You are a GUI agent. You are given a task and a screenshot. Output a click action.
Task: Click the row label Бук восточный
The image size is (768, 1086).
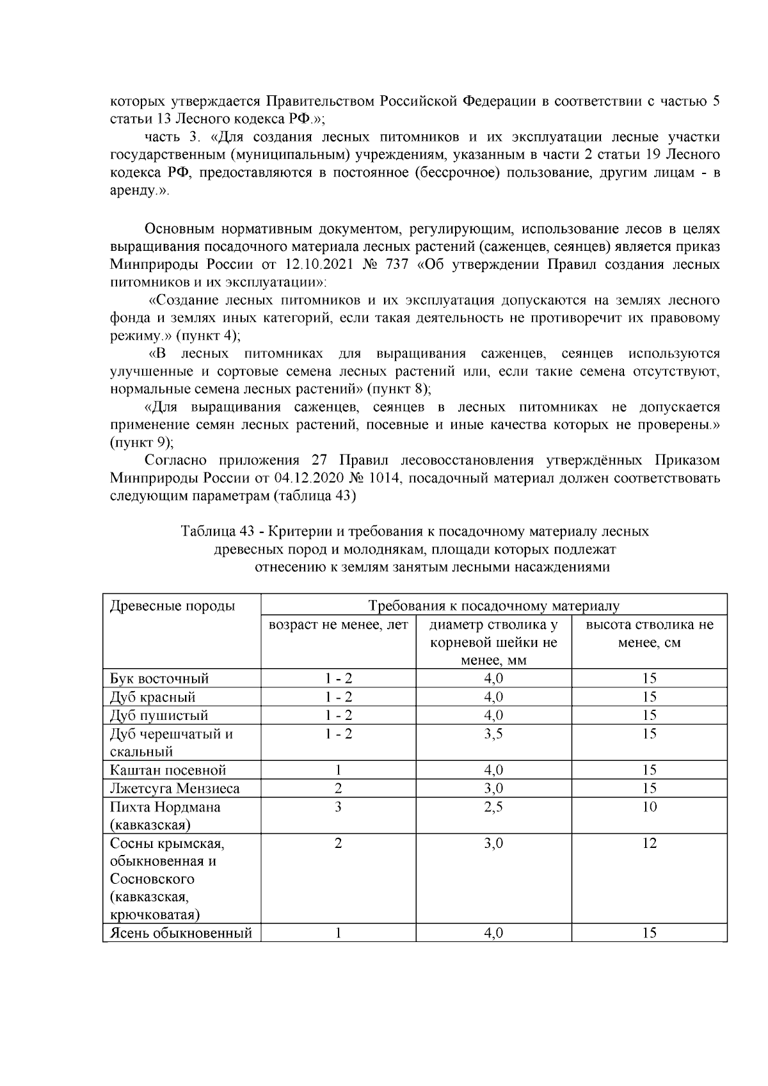[x=159, y=678]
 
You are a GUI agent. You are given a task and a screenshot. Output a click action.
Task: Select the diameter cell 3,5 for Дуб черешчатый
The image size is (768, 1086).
[x=493, y=734]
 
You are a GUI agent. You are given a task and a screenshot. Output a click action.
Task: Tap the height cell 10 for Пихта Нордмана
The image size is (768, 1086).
[x=649, y=807]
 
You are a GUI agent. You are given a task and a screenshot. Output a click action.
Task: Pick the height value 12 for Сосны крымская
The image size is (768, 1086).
[x=649, y=843]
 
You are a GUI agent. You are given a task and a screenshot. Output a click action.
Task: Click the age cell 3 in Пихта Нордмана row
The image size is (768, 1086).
[x=338, y=807]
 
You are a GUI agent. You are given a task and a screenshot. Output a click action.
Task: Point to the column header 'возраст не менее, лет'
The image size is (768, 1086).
[x=338, y=625]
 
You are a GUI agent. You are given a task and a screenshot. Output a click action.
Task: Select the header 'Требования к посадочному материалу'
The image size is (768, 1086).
[x=493, y=606]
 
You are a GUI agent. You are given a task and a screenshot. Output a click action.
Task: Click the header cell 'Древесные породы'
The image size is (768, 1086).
[x=172, y=606]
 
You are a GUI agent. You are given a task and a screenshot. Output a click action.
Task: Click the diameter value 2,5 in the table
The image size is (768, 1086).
[x=493, y=807]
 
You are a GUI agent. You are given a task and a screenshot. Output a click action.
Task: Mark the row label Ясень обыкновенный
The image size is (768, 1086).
[x=180, y=934]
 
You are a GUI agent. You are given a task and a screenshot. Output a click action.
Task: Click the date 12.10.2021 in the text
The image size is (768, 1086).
[x=318, y=265]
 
